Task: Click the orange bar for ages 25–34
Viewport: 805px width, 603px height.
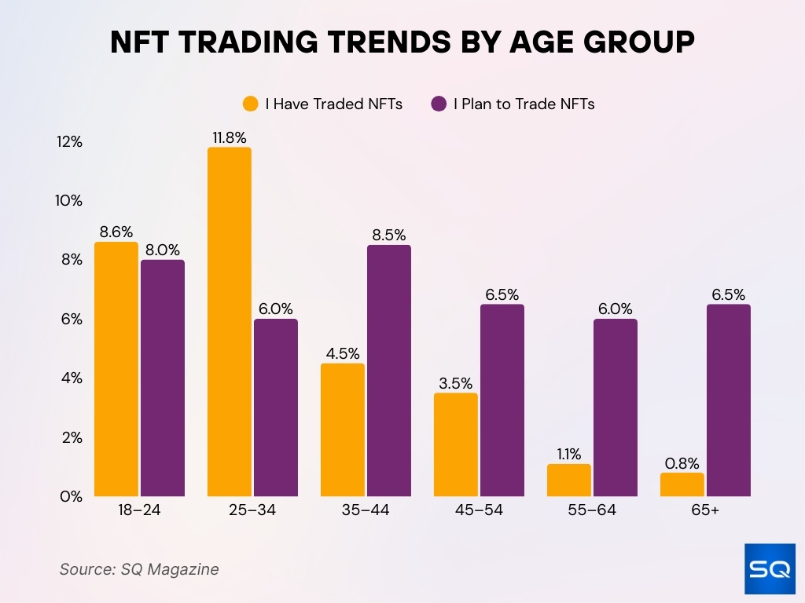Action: tap(230, 322)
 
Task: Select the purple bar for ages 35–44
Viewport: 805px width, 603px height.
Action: tap(388, 371)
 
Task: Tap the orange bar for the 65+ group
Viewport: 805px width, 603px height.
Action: tap(682, 484)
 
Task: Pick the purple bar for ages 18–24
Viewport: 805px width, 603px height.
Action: tap(163, 378)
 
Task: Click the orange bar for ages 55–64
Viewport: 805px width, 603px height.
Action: tap(568, 480)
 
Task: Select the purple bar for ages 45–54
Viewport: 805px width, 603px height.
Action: tap(502, 400)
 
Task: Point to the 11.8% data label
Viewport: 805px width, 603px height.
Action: tap(230, 137)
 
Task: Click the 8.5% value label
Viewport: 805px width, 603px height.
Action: tap(388, 235)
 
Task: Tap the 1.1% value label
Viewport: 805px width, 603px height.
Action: tap(568, 454)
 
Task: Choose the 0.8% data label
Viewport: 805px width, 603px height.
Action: tap(682, 462)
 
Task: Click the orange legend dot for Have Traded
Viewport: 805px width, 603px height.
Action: tap(251, 104)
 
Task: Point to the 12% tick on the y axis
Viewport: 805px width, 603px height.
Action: tap(69, 141)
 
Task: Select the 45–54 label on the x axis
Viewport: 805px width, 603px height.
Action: tap(480, 511)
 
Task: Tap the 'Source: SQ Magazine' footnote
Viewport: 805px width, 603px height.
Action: tap(139, 569)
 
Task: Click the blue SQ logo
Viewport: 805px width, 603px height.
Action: tap(769, 568)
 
